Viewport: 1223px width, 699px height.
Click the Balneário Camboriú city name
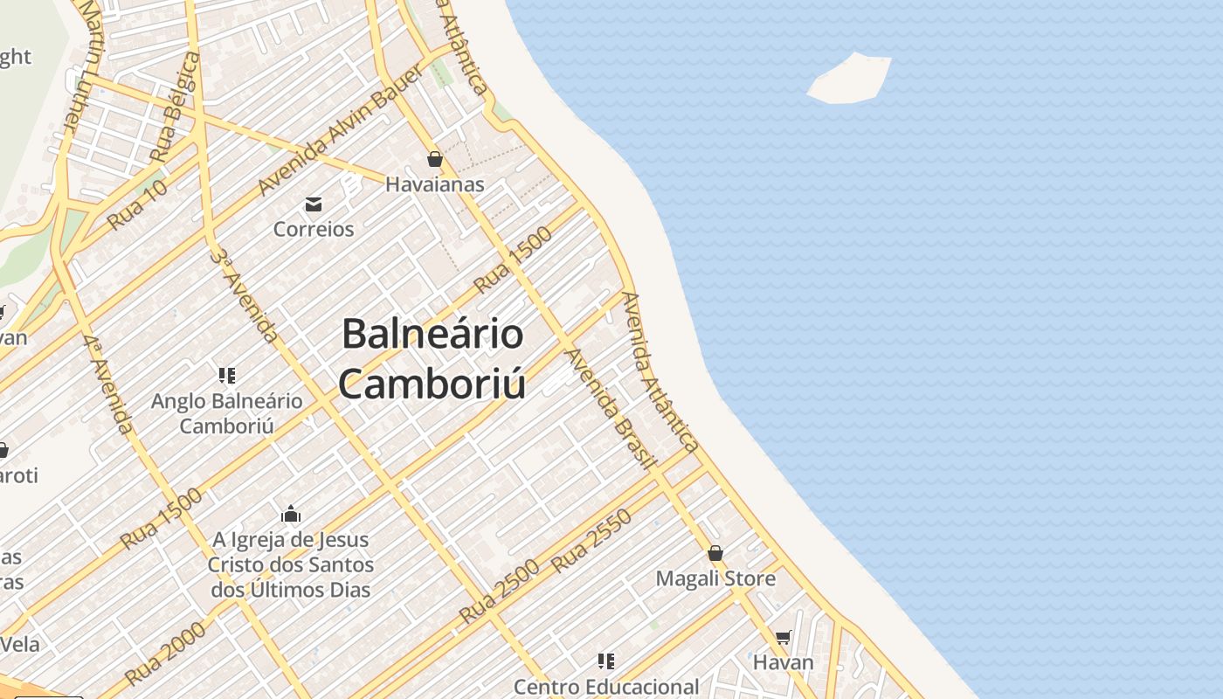coord(433,359)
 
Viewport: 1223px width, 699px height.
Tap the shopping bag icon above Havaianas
coord(435,159)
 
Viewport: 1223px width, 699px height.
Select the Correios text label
coord(314,229)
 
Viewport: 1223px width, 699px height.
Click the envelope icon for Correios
coord(314,204)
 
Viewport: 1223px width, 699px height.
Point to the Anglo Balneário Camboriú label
coord(227,413)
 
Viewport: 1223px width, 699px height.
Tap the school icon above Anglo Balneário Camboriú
coord(227,376)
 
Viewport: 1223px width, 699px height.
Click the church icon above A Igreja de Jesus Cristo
coord(291,514)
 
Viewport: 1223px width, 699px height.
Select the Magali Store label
coord(715,578)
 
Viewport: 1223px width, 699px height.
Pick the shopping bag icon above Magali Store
coord(715,553)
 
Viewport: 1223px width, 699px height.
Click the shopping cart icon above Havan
coord(784,638)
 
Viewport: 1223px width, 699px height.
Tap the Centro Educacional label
coord(606,687)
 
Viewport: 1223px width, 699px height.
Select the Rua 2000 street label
coord(165,654)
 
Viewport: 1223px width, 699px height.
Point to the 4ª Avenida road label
coord(109,384)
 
